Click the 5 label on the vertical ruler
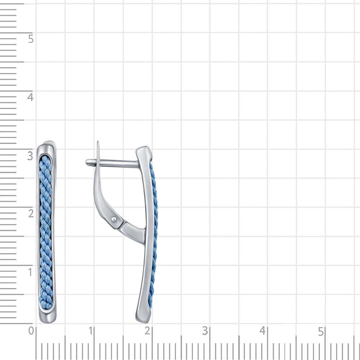click(31, 39)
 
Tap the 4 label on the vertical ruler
click(30, 97)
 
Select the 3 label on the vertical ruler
click(30, 156)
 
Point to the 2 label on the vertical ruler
click(31, 213)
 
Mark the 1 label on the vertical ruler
click(30, 272)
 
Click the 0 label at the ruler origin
click(31, 331)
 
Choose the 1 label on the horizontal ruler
click(91, 331)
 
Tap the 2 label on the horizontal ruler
click(147, 331)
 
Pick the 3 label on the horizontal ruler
click(205, 331)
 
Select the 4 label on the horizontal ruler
click(263, 331)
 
